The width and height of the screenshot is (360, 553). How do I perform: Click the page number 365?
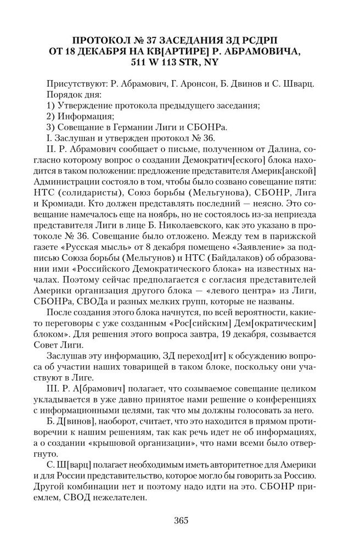pos(180,521)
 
